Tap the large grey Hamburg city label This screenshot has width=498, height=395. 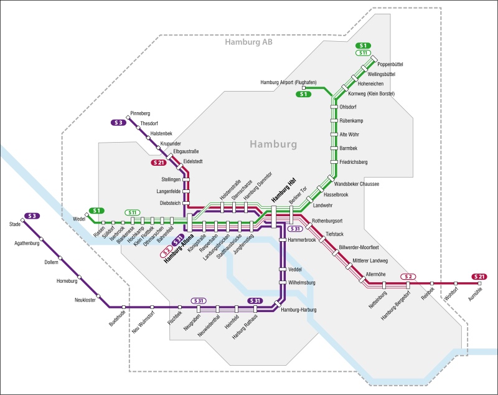point(273,144)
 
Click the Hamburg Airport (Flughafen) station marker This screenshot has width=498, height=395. point(312,88)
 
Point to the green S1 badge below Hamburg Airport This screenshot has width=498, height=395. point(304,95)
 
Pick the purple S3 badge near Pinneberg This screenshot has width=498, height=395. point(118,123)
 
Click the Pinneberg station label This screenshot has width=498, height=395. point(140,114)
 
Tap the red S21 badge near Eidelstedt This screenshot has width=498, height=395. point(160,163)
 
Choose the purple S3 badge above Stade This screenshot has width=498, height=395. point(32,216)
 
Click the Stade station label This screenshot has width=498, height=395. point(15,224)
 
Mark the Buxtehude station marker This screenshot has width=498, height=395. point(124,307)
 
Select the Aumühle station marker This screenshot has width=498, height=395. point(480,284)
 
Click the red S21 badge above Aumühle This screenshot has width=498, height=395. point(479,276)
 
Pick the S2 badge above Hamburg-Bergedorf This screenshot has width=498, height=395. point(408,276)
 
